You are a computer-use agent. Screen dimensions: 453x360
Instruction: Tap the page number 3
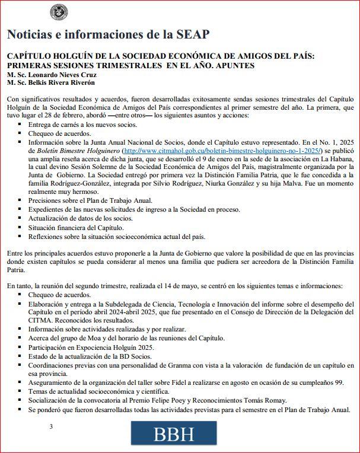51,426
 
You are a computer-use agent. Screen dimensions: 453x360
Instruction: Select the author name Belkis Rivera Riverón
64,84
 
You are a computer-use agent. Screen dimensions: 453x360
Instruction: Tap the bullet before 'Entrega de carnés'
20,125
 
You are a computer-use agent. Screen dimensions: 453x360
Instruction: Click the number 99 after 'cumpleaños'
339,382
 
